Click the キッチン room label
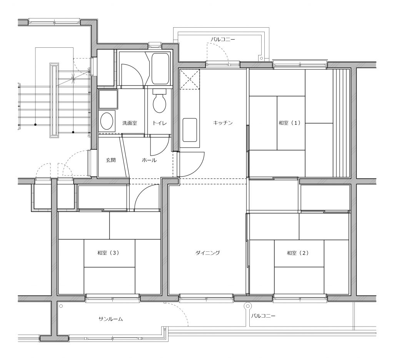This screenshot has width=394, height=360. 223,123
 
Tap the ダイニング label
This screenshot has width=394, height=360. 208,253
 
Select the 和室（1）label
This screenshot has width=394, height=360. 289,123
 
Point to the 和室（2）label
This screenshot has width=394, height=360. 298,253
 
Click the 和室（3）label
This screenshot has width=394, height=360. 108,253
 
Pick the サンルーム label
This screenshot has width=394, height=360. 110,319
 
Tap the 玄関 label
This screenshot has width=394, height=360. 110,160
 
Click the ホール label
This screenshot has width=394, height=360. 149,160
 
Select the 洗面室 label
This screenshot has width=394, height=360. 130,123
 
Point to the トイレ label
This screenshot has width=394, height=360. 160,123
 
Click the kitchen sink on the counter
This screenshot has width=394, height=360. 190,130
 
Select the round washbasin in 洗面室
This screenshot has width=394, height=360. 107,121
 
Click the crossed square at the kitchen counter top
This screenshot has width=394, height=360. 190,79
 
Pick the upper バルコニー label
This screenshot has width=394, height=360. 223,40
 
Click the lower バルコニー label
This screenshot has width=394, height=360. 263,315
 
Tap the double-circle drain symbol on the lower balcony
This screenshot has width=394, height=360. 248,306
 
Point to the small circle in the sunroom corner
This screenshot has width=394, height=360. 61,306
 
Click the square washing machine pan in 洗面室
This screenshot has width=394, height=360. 108,99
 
